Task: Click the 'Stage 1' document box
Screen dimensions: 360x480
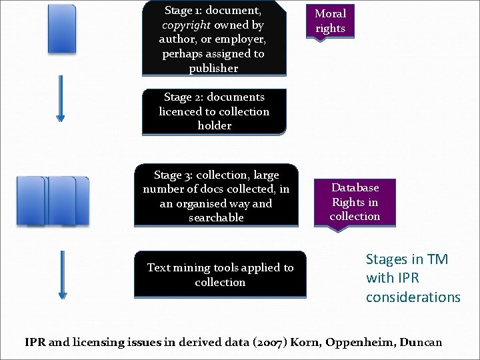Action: point(213,39)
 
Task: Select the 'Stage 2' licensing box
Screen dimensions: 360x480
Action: point(214,111)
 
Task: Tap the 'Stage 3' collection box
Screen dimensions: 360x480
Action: point(216,196)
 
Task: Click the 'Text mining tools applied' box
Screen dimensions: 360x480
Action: point(220,274)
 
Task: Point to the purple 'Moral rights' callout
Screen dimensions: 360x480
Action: point(330,21)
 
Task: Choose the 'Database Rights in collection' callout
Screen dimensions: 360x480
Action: point(355,202)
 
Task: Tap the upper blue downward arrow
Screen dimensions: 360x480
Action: point(61,98)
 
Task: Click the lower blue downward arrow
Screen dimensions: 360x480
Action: point(63,274)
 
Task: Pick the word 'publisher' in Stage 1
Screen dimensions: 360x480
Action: point(213,69)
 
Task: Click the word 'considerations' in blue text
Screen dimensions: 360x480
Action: point(413,297)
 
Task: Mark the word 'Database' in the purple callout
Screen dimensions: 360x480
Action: point(355,188)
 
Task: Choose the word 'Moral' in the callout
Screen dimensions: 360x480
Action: point(330,14)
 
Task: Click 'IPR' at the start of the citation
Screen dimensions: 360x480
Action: point(35,343)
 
